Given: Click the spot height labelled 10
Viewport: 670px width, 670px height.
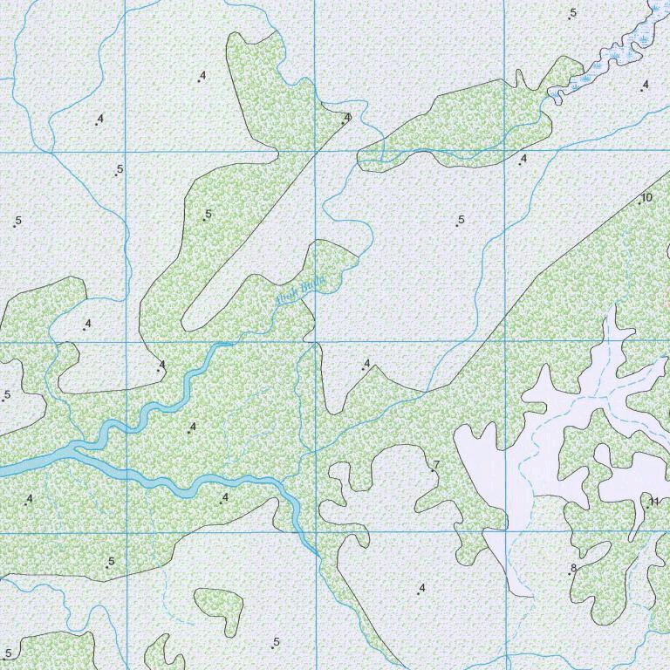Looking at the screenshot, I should tap(646, 198).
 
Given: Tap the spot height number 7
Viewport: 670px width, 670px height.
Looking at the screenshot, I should tap(435, 465).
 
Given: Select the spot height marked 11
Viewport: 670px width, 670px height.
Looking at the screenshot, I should tap(654, 501).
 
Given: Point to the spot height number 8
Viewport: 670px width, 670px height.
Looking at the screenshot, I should tap(573, 569).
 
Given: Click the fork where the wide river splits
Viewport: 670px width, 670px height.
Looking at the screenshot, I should tap(77, 449).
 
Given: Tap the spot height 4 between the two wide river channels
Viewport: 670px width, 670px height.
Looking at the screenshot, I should tap(192, 427).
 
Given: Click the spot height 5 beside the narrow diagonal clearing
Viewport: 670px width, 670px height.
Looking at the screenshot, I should tap(209, 215).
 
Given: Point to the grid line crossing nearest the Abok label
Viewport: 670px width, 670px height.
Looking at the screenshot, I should tap(315, 341).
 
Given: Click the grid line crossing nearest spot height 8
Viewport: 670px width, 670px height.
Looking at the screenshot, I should tap(505, 531).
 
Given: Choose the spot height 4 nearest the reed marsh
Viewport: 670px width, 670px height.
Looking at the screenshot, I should tap(645, 85).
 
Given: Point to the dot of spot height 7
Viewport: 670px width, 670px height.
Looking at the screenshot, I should tap(431, 470).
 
